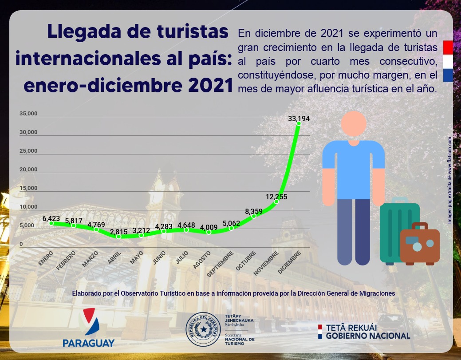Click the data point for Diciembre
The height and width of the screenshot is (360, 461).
(299, 123)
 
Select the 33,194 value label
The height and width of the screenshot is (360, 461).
(299, 119)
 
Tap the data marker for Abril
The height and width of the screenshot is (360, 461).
(118, 237)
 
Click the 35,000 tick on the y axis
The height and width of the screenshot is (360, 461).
(28, 114)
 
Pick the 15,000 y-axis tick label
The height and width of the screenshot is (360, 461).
(28, 188)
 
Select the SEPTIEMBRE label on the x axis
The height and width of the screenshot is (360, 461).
(220, 264)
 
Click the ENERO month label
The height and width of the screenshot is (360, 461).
(46, 258)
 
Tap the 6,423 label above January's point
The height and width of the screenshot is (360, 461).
(51, 218)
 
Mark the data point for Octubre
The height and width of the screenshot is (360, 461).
(254, 216)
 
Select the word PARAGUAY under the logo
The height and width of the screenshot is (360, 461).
(89, 343)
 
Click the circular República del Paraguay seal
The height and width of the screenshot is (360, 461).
(204, 330)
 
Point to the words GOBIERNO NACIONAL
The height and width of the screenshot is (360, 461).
(368, 336)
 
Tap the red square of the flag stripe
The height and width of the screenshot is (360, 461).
(448, 46)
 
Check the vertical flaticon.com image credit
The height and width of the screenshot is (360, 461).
(449, 179)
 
